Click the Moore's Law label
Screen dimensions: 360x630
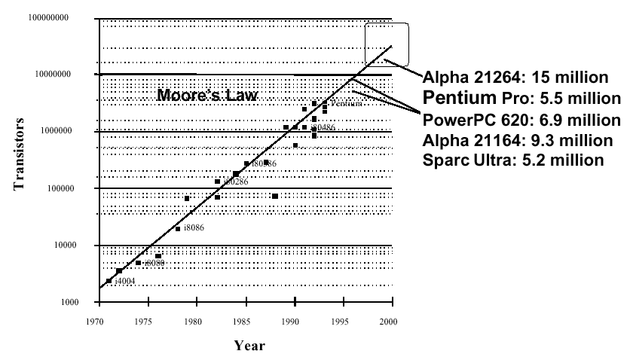point(207,96)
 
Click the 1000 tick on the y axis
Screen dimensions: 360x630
point(70,303)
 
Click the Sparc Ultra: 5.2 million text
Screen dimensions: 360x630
point(513,160)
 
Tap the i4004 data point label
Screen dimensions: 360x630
point(125,282)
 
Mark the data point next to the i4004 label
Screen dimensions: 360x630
point(109,281)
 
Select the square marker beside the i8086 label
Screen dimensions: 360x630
point(178,228)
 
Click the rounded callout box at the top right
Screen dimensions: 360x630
point(387,44)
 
